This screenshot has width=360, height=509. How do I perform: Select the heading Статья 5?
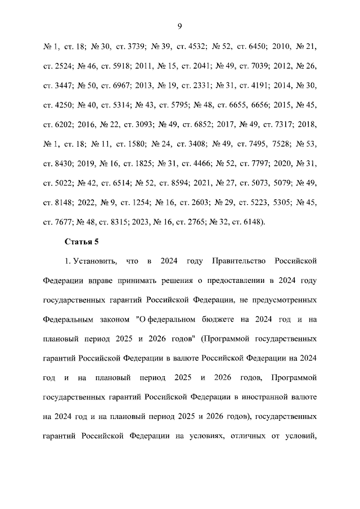(82, 241)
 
